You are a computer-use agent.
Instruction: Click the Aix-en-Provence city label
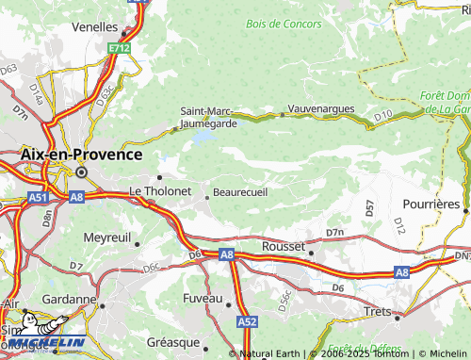(82, 154)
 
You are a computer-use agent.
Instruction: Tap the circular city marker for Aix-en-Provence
(82, 172)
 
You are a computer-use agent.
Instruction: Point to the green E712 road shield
(118, 47)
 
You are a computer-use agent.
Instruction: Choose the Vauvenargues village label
(321, 108)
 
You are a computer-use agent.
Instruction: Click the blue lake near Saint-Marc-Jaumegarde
(202, 138)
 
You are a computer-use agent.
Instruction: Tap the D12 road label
(399, 225)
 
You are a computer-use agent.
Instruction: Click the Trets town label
(377, 310)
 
